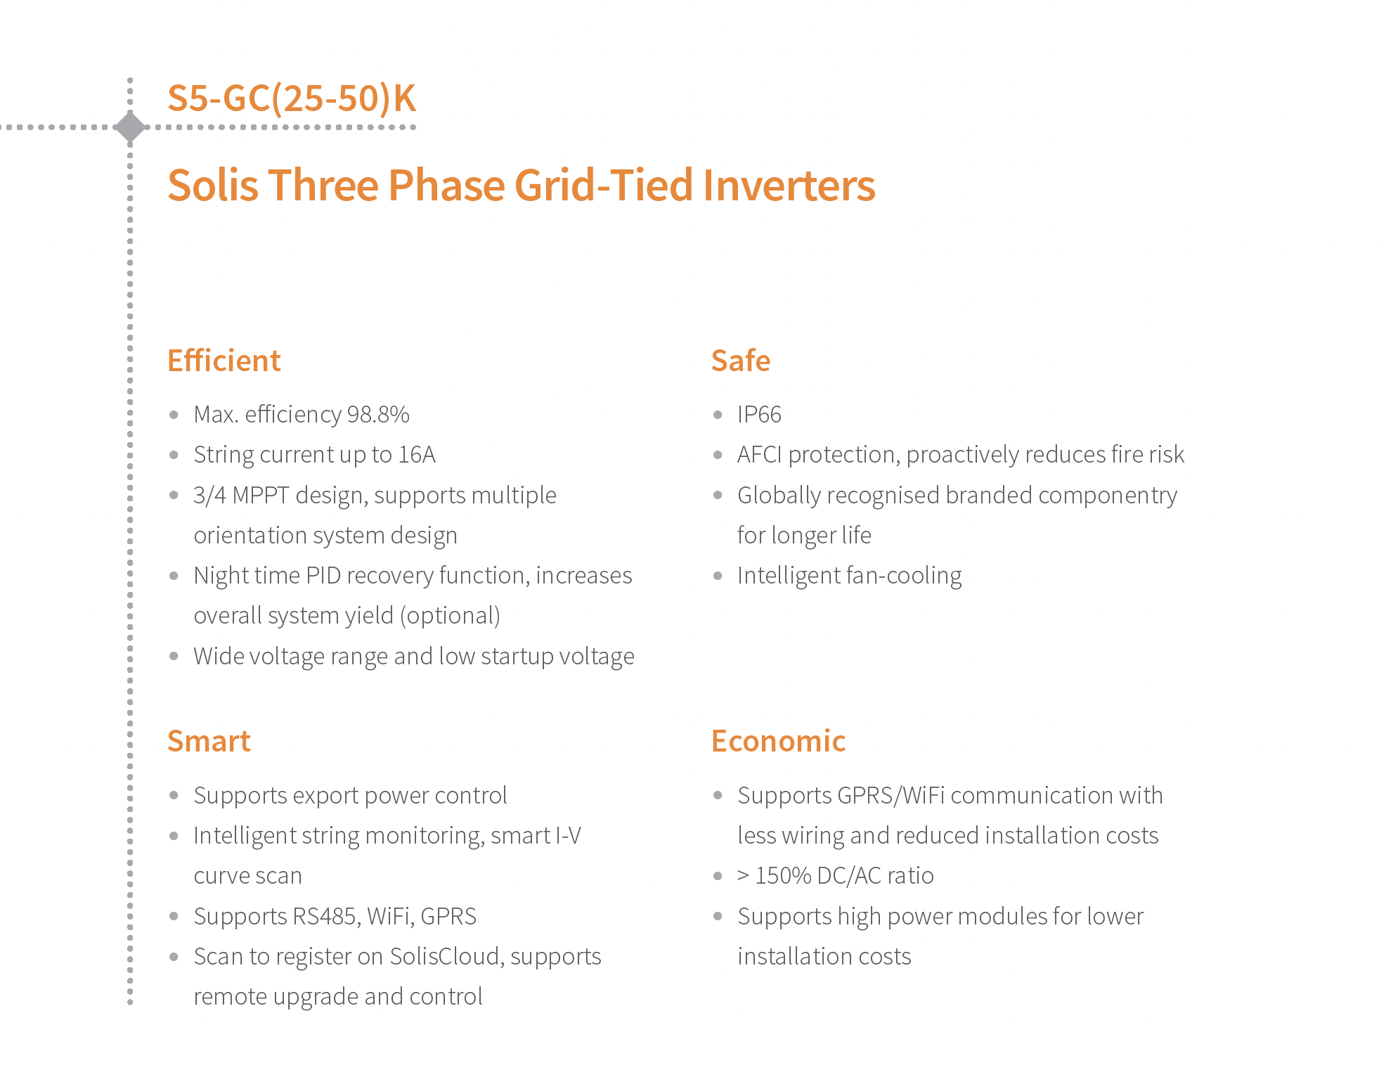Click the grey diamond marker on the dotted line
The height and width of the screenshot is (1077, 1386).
point(130,127)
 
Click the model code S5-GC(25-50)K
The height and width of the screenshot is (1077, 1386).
point(292,98)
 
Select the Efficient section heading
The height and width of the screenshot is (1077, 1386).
point(224,361)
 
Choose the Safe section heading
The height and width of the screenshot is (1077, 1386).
point(741,361)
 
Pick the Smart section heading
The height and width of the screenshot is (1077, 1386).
point(209,741)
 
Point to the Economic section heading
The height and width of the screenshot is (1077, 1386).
point(778,741)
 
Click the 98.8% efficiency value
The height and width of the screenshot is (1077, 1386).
point(378,414)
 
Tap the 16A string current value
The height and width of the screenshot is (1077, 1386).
point(417,454)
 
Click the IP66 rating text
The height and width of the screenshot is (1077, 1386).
point(759,414)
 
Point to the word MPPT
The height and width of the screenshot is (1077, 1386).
point(260,495)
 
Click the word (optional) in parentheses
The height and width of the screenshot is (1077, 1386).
point(450,616)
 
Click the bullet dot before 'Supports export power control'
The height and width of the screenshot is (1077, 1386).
point(174,796)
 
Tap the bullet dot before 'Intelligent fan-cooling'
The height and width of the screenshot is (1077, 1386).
point(718,576)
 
